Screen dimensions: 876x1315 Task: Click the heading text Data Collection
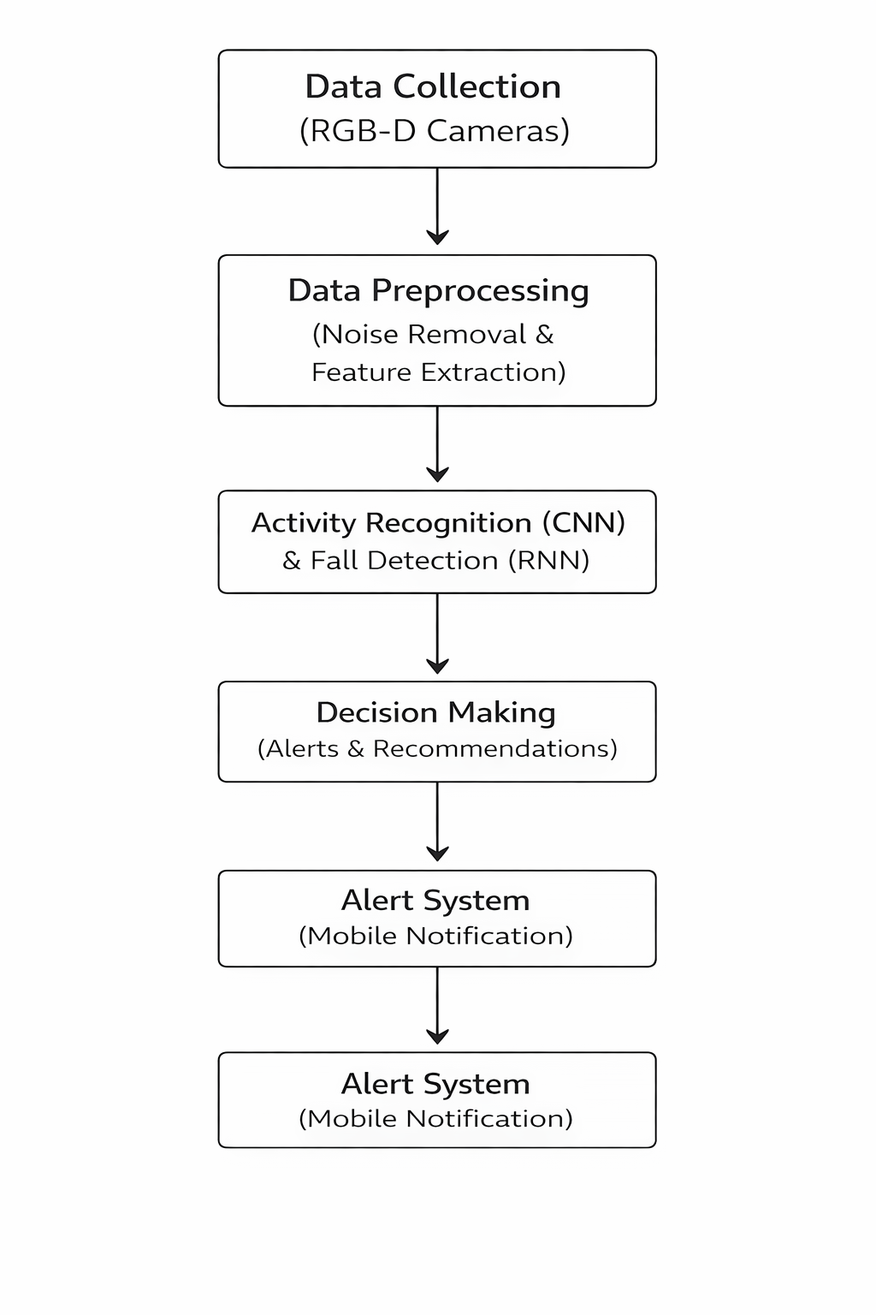tap(433, 86)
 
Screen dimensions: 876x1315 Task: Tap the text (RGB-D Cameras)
tap(435, 130)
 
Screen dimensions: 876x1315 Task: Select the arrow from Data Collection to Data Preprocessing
tap(437, 206)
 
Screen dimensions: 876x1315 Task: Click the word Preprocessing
tap(480, 291)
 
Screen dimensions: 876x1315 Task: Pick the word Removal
tap(468, 335)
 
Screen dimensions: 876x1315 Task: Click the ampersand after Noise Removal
tap(544, 335)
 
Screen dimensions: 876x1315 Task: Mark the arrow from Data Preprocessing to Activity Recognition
tap(437, 443)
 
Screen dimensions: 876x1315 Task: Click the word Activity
tap(304, 523)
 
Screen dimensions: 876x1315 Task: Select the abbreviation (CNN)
tap(583, 522)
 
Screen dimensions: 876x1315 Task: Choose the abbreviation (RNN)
tap(548, 560)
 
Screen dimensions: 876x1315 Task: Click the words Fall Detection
tap(405, 560)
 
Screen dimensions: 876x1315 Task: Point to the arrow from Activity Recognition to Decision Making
tap(437, 634)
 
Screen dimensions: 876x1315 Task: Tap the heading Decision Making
tap(435, 713)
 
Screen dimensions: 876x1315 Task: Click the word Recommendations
tap(495, 748)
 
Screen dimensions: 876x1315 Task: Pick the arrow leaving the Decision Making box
tap(437, 821)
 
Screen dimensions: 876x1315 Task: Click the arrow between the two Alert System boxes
tap(437, 1005)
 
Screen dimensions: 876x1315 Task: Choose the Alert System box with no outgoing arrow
tap(437, 1099)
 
